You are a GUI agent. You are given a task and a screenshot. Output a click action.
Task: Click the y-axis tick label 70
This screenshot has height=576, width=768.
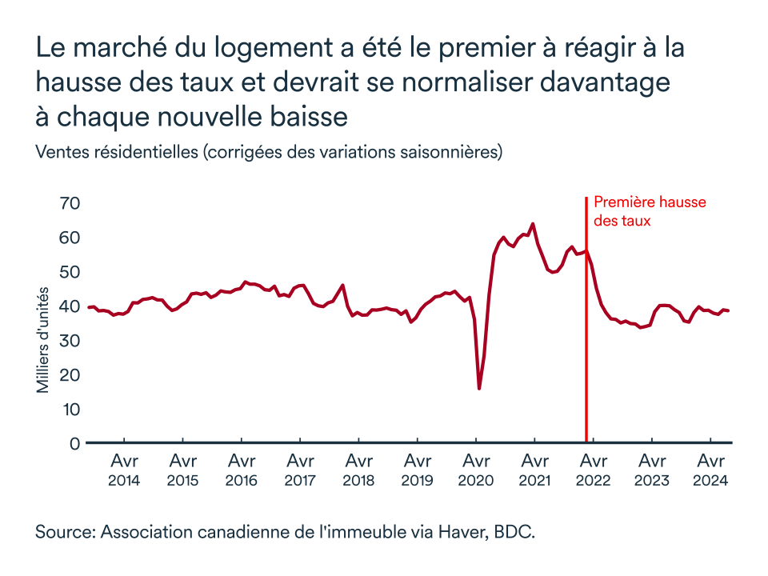coord(70,203)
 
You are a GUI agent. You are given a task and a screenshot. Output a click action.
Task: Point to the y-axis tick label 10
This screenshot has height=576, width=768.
coord(70,409)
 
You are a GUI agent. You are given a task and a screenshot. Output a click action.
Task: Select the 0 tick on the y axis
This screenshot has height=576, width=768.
coord(75,443)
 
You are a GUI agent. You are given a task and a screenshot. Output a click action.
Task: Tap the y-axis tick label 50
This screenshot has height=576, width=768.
coord(70,272)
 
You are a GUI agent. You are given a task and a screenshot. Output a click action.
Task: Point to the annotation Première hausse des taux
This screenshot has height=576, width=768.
coord(649,211)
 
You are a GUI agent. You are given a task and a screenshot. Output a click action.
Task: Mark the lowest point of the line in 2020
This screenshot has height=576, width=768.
coord(479,389)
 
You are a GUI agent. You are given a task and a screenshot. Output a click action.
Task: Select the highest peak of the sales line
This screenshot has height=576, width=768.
coord(533,224)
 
